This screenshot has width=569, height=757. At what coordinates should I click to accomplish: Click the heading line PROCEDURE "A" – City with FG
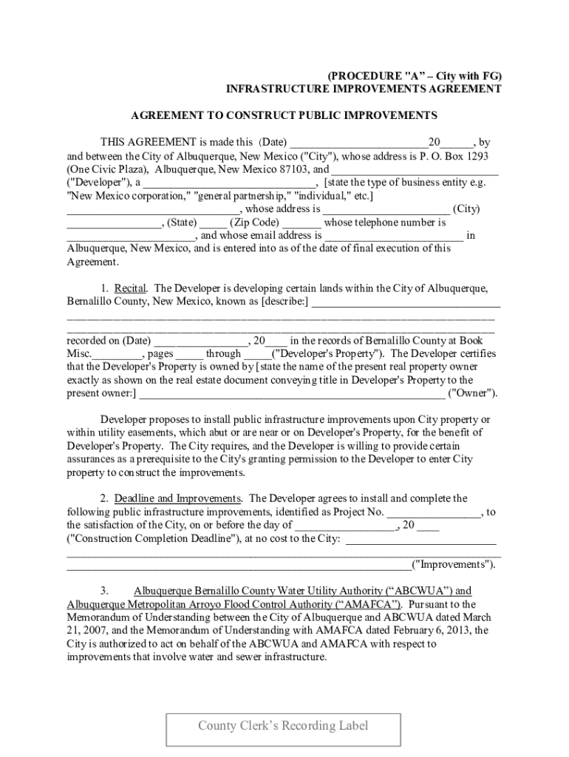(415, 75)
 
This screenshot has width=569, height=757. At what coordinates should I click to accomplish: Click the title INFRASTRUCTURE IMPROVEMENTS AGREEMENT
(363, 89)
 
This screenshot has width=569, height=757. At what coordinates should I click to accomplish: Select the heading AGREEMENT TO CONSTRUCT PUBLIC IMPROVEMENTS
(284, 115)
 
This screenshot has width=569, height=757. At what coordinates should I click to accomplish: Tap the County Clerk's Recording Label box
(283, 726)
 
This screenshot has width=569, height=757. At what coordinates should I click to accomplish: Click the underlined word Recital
(131, 288)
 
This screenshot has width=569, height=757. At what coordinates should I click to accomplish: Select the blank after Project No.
(434, 512)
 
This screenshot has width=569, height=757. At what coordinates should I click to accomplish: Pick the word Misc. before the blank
(79, 354)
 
